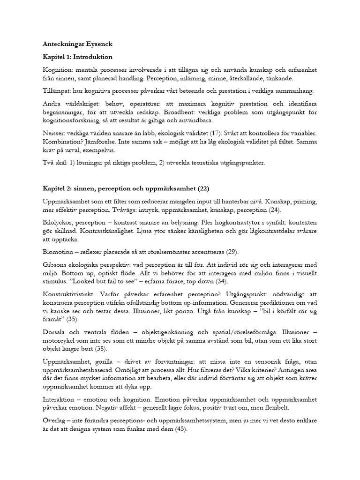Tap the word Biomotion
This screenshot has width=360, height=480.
click(x=57, y=252)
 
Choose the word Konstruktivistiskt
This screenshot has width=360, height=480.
click(x=68, y=295)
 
